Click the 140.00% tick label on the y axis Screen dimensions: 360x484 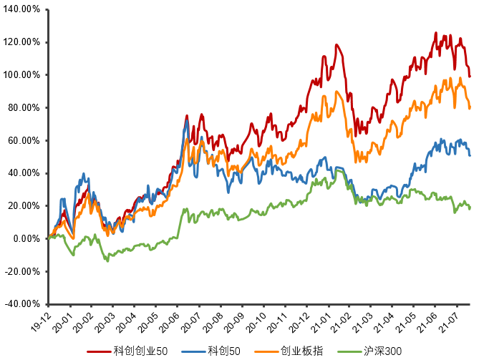[23, 9]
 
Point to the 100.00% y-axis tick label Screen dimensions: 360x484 [23, 75]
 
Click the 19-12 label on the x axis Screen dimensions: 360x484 [41, 318]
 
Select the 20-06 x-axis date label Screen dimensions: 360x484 [172, 318]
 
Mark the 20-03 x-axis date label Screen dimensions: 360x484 [107, 318]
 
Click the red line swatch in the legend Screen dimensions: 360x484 [100, 351]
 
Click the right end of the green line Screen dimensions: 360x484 [470, 206]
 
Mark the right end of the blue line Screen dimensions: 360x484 [470, 155]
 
